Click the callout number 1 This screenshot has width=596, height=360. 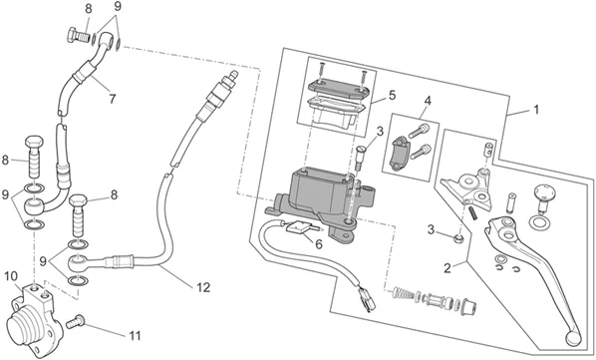pyautogui.click(x=536, y=110)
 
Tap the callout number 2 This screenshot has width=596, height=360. pyautogui.click(x=447, y=268)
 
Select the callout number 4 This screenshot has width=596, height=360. pyautogui.click(x=428, y=101)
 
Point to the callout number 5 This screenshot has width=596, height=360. pyautogui.click(x=392, y=95)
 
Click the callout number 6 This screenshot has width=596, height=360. pyautogui.click(x=319, y=244)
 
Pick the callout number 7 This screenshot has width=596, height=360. pyautogui.click(x=112, y=99)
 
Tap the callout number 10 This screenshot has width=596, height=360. pyautogui.click(x=11, y=276)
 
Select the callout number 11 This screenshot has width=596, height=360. pyautogui.click(x=135, y=336)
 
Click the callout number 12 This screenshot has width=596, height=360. pyautogui.click(x=203, y=287)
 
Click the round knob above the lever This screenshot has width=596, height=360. pyautogui.click(x=544, y=193)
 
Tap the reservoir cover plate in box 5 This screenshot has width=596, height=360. pyautogui.click(x=339, y=88)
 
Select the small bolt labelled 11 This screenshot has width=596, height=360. pyautogui.click(x=75, y=321)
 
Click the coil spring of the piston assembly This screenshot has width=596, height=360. pyautogui.click(x=403, y=293)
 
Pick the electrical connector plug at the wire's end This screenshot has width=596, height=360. pyautogui.click(x=367, y=300)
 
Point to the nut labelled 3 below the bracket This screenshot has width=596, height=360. pyautogui.click(x=458, y=238)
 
